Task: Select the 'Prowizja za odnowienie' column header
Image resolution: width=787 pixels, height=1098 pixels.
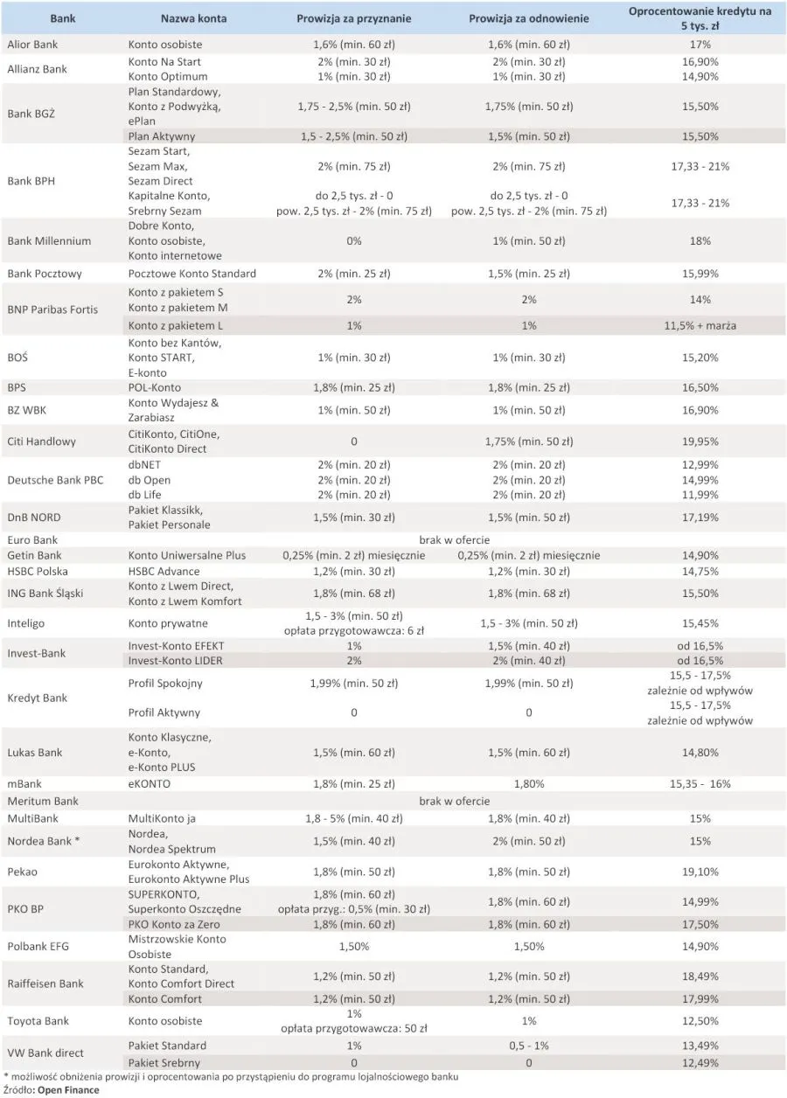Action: [528, 18]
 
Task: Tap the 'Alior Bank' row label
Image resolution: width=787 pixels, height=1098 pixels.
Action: [32, 44]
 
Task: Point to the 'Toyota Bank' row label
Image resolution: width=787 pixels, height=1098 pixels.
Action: [38, 1021]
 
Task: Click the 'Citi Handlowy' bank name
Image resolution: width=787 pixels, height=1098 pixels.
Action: [41, 441]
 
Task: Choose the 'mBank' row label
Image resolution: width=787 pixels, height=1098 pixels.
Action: [24, 784]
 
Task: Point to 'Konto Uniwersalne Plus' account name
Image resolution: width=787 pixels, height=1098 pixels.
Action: [187, 555]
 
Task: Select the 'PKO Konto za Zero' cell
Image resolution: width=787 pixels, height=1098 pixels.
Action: [174, 924]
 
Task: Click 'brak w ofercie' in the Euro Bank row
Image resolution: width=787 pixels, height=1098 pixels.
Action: [454, 539]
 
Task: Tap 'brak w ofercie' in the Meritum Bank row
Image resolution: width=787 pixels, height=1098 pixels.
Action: [454, 801]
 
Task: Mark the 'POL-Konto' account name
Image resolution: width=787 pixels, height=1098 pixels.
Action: [155, 387]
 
